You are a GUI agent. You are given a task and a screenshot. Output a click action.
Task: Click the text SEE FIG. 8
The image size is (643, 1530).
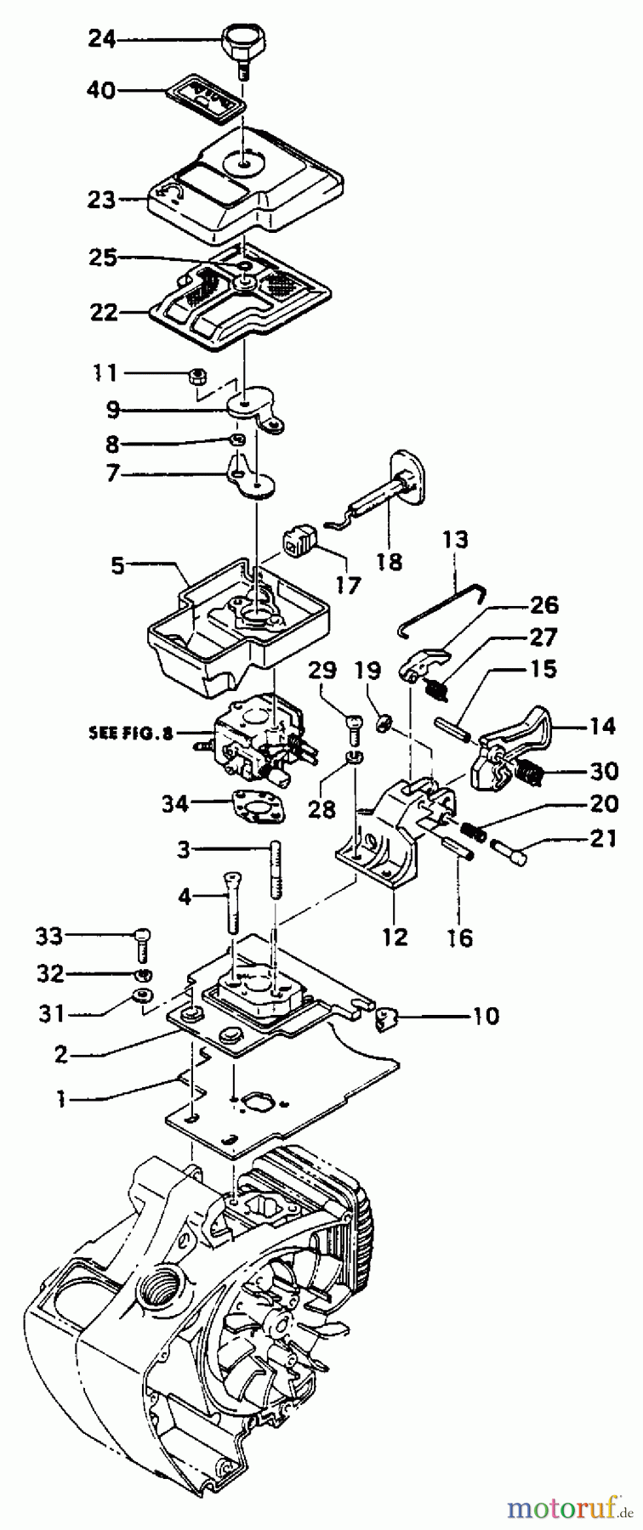coord(130,733)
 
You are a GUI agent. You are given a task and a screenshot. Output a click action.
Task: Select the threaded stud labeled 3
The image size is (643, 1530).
coord(275,868)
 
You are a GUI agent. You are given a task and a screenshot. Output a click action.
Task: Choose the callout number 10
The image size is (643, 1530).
coord(486,1016)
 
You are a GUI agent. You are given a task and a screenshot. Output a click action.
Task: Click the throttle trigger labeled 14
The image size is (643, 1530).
coord(520,728)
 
